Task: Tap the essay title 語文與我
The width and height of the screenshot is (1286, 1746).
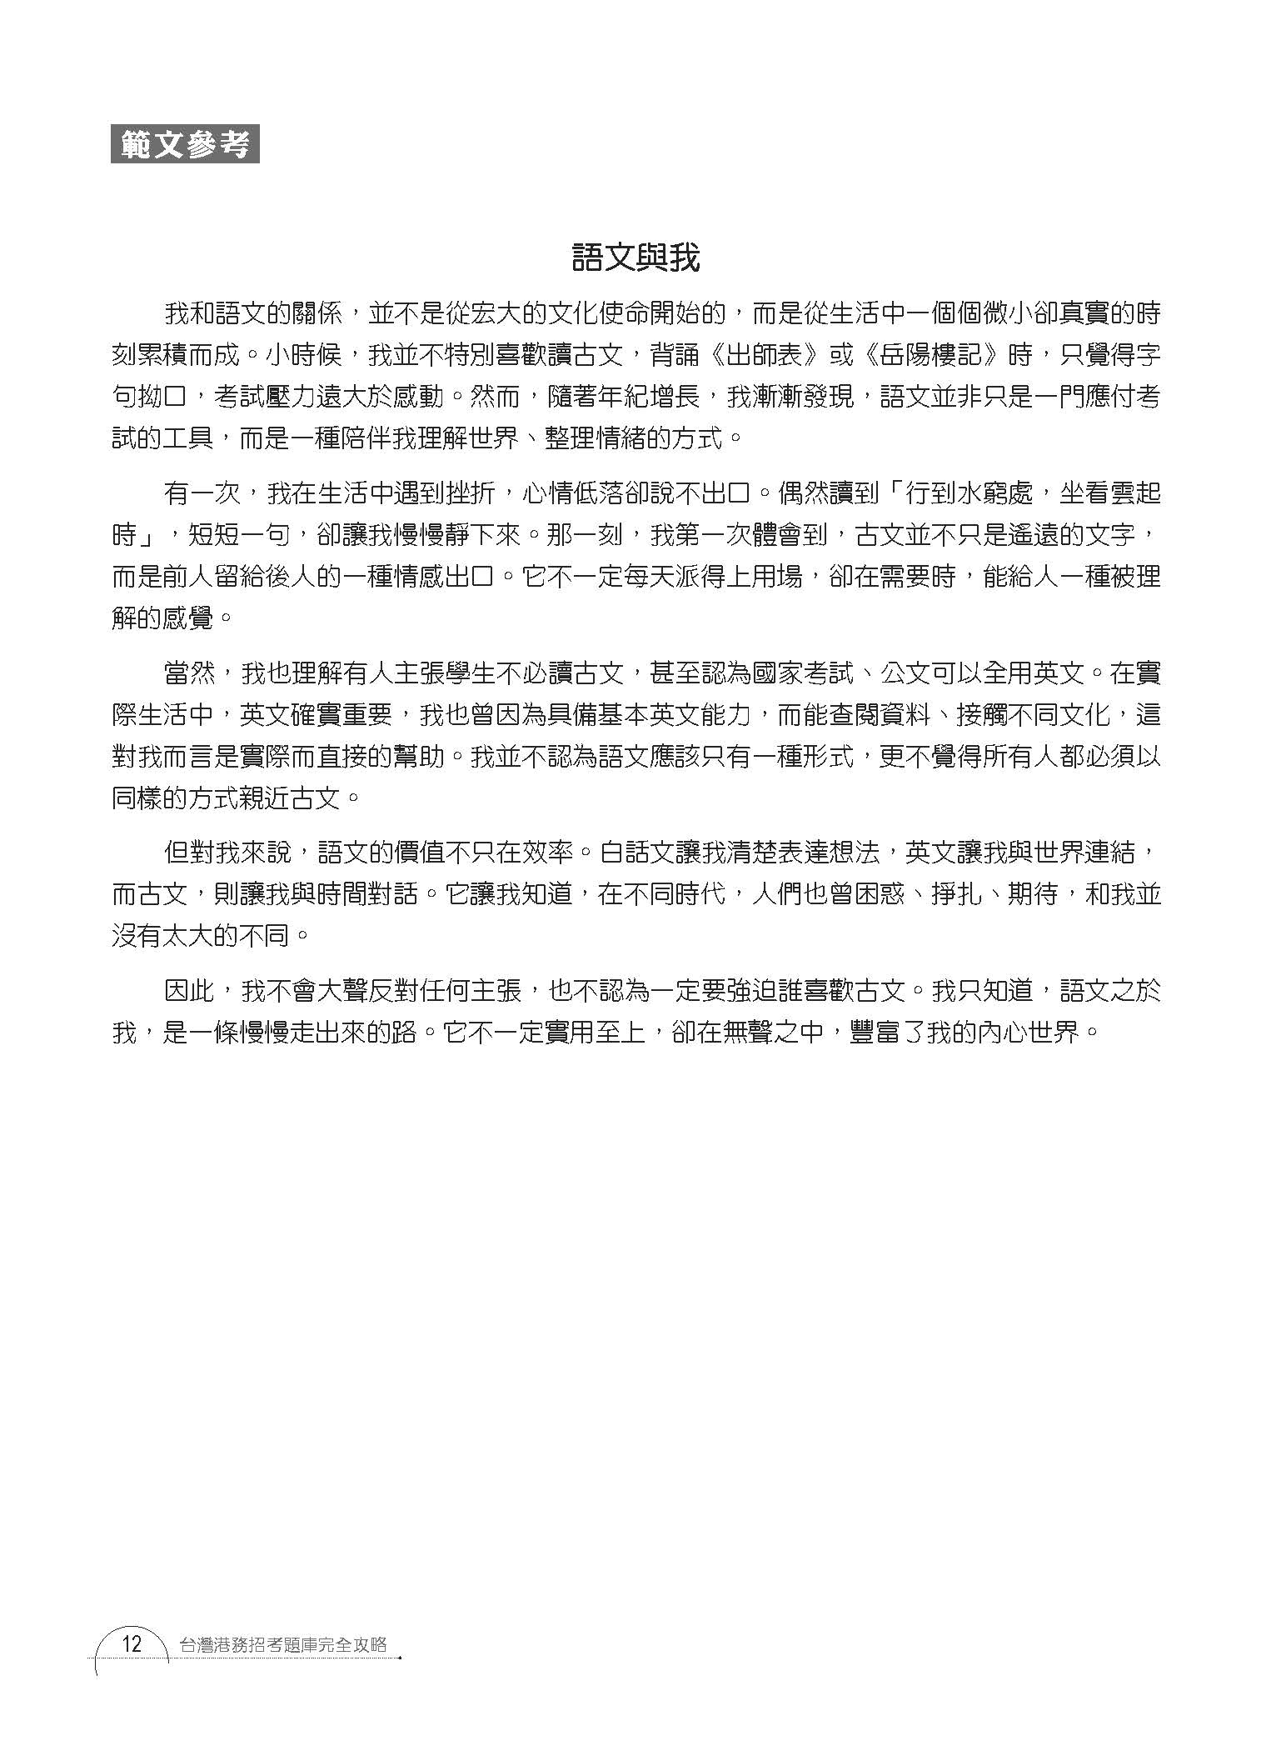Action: click(x=636, y=258)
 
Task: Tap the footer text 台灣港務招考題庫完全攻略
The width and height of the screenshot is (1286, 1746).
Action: click(x=283, y=1645)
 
